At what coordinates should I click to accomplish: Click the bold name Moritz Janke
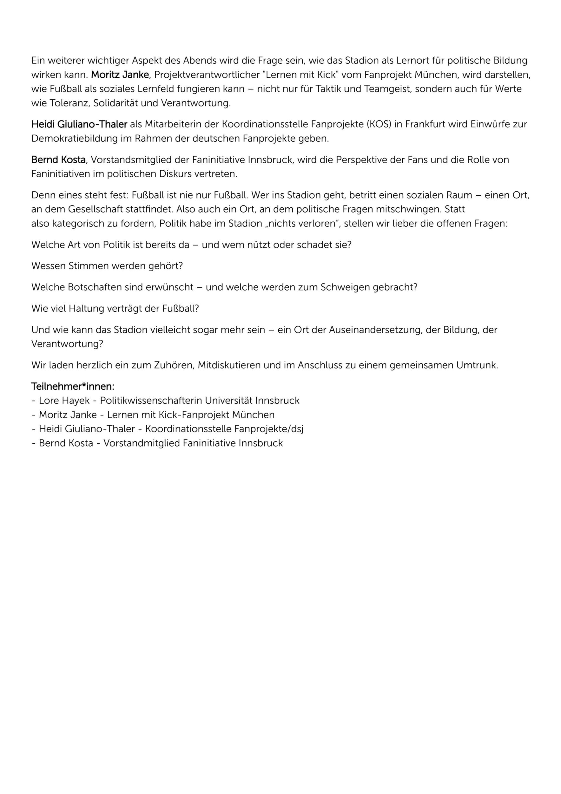(120, 75)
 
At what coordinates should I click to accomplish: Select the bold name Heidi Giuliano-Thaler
(79, 124)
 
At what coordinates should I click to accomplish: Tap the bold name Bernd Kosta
(58, 160)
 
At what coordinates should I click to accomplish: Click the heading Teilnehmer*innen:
(73, 386)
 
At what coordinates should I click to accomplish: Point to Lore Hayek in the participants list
(64, 400)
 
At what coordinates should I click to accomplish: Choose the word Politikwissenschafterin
(151, 400)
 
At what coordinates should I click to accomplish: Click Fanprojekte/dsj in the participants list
(269, 429)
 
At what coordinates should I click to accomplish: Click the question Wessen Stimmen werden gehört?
(107, 266)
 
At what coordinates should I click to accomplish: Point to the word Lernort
(413, 61)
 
